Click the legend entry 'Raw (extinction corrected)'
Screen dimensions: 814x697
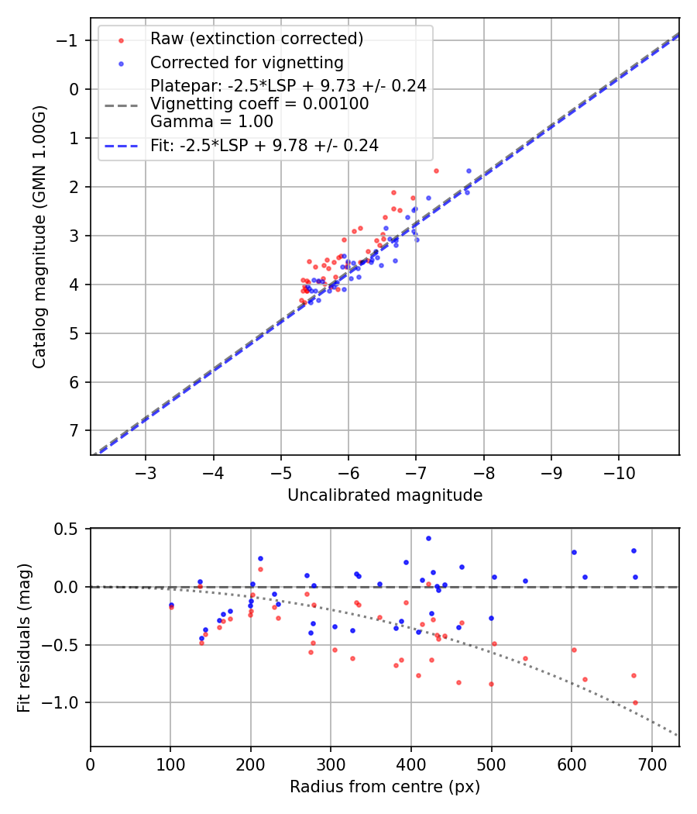coord(256,39)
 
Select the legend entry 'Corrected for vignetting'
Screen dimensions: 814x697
coord(247,62)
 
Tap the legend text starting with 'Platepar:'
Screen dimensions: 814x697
coord(288,86)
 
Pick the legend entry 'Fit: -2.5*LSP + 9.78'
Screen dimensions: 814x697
coord(264,145)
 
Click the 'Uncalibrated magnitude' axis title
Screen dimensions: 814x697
coord(385,495)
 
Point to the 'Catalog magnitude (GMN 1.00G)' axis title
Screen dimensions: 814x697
coord(39,236)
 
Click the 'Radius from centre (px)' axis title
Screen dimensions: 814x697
coord(385,787)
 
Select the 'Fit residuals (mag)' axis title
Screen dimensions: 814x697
coord(24,637)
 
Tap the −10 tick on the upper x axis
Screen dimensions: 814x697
coord(618,472)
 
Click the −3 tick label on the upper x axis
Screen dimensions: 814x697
coord(146,472)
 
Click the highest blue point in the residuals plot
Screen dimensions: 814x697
coord(428,538)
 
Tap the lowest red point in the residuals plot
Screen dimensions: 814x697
coord(635,702)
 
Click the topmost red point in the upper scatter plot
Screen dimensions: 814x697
coord(436,171)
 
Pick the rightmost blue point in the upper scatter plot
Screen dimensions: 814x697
coord(469,171)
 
